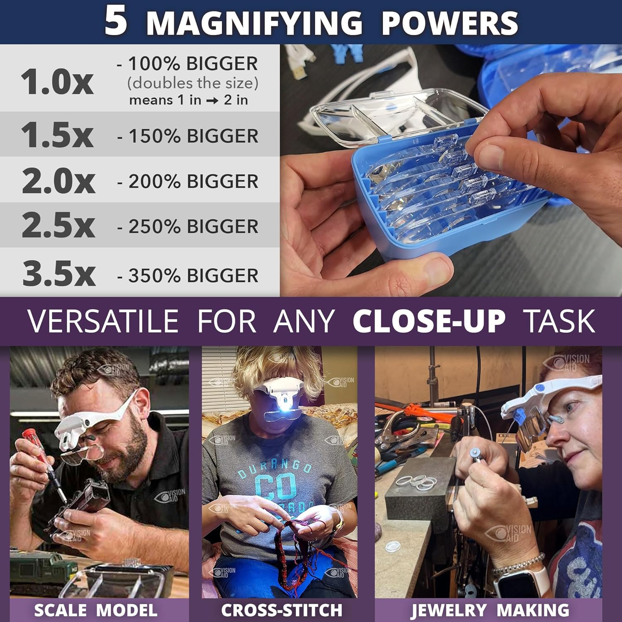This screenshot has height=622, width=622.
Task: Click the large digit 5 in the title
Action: point(116,22)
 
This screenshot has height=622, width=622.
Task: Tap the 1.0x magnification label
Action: point(57,82)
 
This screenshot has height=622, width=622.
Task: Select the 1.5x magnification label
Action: point(57,135)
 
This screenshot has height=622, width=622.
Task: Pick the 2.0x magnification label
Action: point(58,181)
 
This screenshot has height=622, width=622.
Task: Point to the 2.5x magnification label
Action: point(58,226)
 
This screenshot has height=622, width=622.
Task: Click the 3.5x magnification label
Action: point(59,274)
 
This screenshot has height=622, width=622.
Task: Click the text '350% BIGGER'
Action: point(193,276)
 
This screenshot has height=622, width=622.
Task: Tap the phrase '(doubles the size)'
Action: point(193,83)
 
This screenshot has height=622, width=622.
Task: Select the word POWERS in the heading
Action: point(449,23)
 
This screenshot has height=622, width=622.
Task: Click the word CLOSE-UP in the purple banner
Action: point(429,321)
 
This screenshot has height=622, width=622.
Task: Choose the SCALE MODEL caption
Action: point(96,610)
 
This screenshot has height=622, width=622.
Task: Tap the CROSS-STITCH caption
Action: point(282,610)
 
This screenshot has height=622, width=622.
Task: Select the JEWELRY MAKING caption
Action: point(490,610)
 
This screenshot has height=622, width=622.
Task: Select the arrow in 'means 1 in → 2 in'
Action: point(212,101)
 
